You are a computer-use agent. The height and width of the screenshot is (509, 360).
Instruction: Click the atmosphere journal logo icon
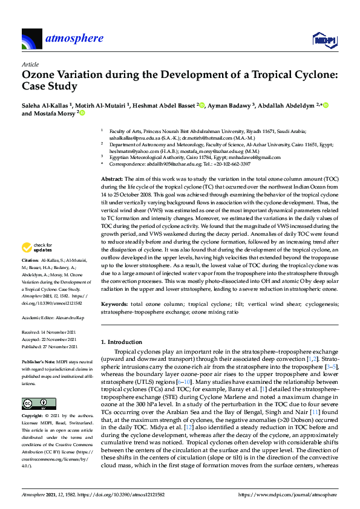(x=31, y=39)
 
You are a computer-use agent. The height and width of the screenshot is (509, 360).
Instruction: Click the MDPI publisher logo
(x=324, y=39)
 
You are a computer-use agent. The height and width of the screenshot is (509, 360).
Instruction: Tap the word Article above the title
(x=30, y=64)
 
